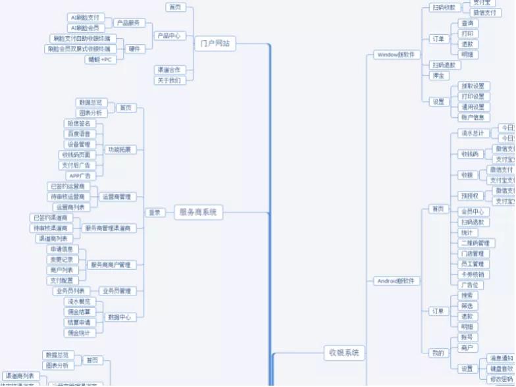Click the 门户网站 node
215,43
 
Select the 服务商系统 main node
199,213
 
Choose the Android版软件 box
397,281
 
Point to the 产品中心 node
168,36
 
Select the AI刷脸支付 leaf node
86,17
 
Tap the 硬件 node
134,49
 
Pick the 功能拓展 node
119,149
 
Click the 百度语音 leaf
80,134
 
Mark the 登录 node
155,213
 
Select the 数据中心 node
119,317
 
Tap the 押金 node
438,76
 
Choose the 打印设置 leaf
472,96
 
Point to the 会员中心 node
472,212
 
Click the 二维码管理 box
475,244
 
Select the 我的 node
438,353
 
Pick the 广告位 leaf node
470,285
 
